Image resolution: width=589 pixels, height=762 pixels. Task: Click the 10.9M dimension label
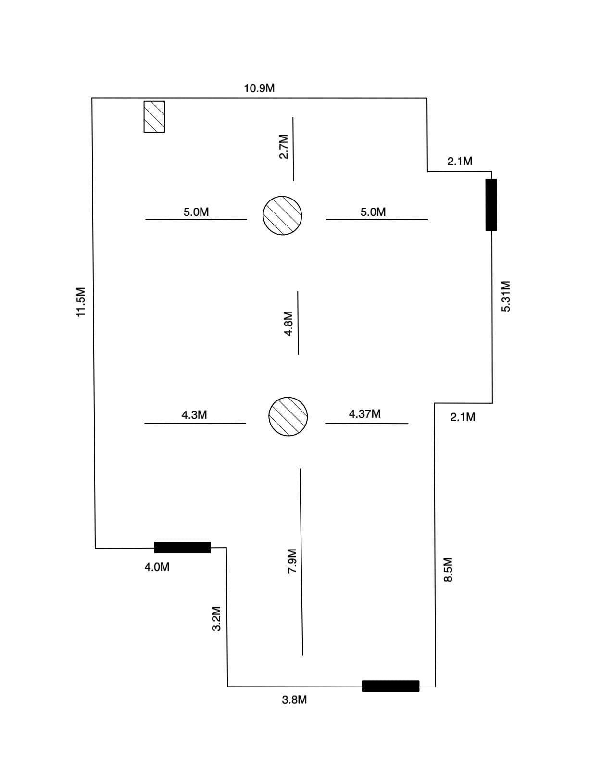coord(259,88)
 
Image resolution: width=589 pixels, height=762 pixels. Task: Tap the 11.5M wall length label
coord(81,302)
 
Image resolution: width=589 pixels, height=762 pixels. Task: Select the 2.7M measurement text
coord(284,146)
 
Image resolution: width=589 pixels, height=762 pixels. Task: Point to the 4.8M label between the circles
coord(288,323)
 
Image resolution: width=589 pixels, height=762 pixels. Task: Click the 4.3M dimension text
coord(194,415)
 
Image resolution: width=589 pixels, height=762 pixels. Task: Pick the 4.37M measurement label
coord(364,414)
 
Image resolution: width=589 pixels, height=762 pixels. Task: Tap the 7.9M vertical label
coord(291,561)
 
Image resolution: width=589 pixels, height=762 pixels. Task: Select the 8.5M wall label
coord(448,570)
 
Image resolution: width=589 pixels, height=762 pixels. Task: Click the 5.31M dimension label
coord(505,296)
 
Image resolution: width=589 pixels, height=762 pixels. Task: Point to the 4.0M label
coord(157,567)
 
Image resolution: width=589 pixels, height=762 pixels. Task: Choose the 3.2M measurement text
coord(216,618)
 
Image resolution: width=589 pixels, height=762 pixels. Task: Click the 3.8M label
coord(294,700)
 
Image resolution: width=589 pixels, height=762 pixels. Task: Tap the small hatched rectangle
coord(154,116)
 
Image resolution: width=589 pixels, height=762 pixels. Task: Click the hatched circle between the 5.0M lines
coord(282,215)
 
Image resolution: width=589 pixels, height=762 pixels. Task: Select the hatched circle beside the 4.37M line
coord(288,416)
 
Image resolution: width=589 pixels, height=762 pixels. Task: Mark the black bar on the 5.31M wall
coord(491,205)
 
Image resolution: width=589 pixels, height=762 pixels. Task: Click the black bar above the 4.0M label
coord(182,548)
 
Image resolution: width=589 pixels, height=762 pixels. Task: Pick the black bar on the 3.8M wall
coord(390,686)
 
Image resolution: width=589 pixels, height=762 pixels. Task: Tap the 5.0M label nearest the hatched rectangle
coord(196,212)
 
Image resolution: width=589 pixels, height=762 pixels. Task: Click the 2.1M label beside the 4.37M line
coord(463,417)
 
